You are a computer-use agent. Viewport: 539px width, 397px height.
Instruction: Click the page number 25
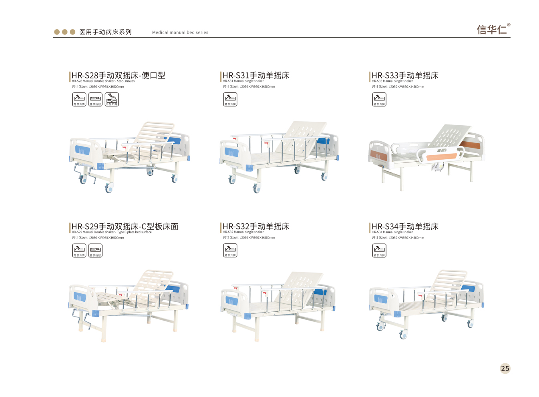(x=505, y=369)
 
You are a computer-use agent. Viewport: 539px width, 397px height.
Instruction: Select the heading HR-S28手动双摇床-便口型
(x=118, y=75)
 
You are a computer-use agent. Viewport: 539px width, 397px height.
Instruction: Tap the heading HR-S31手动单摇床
(x=256, y=75)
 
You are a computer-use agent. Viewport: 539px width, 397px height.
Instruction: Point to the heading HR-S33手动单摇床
(x=405, y=75)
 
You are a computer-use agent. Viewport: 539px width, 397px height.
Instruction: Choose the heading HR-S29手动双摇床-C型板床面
(x=125, y=227)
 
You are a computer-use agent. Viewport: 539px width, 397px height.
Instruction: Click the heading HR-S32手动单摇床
(x=256, y=227)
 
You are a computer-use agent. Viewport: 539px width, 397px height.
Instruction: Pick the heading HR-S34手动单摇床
(x=405, y=227)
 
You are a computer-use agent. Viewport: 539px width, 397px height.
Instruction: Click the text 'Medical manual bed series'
(x=180, y=32)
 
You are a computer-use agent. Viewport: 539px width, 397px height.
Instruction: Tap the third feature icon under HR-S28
(x=112, y=99)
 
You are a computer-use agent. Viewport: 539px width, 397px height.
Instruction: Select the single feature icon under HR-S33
(x=379, y=99)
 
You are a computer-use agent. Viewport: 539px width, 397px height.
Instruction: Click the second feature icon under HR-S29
(x=95, y=251)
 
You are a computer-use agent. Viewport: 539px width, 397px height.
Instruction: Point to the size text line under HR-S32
(x=249, y=238)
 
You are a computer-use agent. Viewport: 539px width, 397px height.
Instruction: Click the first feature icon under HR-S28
(x=79, y=99)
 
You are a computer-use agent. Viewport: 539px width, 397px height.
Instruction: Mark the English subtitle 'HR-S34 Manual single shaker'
(x=392, y=232)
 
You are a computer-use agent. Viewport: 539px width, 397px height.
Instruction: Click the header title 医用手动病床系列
(x=105, y=32)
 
